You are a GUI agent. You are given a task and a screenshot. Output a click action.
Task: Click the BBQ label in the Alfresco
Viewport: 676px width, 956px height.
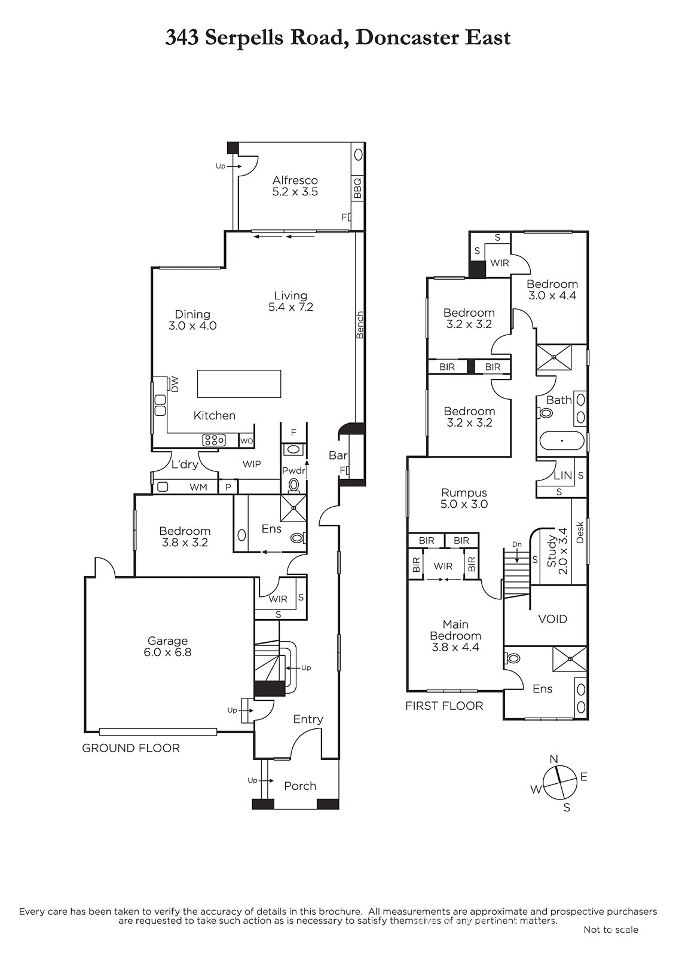(x=357, y=188)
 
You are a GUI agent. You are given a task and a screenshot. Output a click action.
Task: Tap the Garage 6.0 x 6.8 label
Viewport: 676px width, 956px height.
(x=167, y=646)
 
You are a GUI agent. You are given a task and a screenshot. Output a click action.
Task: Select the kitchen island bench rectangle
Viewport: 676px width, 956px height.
(x=239, y=384)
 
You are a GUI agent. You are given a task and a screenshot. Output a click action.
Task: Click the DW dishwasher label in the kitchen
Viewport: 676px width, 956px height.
(x=175, y=384)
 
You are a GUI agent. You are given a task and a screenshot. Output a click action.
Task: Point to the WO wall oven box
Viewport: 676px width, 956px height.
(x=246, y=441)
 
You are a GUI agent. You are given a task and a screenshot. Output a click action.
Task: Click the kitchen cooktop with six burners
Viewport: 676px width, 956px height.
(x=213, y=440)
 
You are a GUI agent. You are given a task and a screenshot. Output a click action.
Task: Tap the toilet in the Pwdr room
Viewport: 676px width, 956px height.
(x=294, y=485)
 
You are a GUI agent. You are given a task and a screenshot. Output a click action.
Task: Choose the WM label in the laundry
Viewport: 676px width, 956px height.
(x=198, y=487)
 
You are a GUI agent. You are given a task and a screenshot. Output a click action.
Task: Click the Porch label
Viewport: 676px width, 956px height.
(x=300, y=786)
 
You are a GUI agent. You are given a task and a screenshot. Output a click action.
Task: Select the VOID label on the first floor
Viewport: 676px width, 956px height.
(x=553, y=619)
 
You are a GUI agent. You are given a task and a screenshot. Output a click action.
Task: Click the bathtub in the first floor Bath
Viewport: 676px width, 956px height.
(x=562, y=440)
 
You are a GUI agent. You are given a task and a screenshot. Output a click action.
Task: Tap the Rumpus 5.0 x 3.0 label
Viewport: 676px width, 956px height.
(x=464, y=498)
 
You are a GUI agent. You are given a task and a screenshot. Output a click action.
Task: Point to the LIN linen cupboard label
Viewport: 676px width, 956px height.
(x=563, y=475)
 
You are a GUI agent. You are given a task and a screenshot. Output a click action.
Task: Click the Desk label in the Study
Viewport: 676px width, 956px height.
(x=580, y=532)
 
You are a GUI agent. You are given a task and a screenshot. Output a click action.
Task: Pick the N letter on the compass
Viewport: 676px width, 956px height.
(x=554, y=759)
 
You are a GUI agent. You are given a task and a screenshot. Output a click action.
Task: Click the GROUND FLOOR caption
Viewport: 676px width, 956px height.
(x=131, y=748)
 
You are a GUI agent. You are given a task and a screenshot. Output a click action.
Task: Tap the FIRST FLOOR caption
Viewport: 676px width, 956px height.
(x=444, y=706)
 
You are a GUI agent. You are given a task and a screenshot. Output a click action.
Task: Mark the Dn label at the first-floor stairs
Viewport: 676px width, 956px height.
(x=517, y=544)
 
